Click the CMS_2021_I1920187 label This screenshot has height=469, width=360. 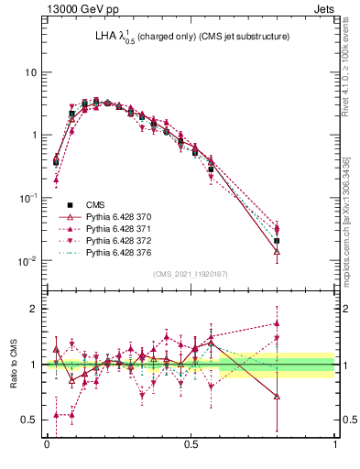point(191,274)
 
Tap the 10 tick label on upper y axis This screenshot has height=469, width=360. point(30,72)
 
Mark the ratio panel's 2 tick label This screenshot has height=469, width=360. point(34,309)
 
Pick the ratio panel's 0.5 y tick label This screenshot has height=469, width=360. point(30,420)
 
